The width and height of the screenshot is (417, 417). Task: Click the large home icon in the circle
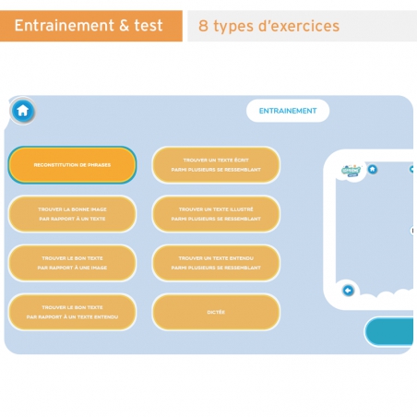pos(23,112)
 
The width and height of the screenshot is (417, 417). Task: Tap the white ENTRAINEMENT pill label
pos(287,111)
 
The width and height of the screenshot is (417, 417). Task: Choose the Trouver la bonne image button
pos(72,214)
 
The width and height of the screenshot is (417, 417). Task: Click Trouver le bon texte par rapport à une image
pos(72,263)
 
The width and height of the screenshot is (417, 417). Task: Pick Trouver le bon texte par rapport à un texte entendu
pos(72,312)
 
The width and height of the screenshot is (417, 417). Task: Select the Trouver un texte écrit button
pos(216,164)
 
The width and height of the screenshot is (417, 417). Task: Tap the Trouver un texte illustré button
pos(216,214)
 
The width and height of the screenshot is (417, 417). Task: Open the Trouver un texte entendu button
pos(216,263)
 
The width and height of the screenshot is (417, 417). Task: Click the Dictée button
pos(216,312)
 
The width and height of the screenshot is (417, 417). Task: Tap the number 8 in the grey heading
pos(203,27)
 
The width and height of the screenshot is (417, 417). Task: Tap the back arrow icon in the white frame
pos(348,291)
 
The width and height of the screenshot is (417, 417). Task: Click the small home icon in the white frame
pos(373,170)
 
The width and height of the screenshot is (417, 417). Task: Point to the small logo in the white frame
pos(351,170)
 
